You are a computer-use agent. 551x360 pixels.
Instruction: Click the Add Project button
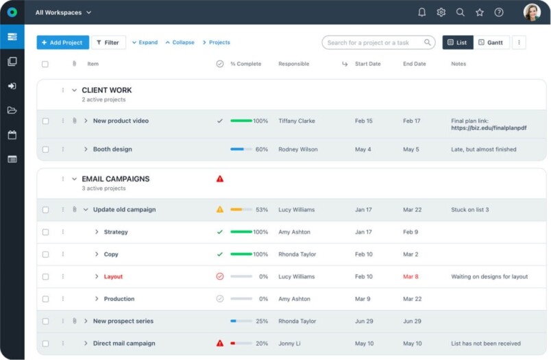62,43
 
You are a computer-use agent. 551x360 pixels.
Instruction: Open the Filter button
108,43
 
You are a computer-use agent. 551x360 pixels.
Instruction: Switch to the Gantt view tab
491,43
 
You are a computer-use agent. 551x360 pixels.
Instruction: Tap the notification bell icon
421,12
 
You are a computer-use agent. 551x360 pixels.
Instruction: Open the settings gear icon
441,12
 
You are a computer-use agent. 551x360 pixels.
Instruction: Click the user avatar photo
532,12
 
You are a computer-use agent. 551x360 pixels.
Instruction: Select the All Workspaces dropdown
63,12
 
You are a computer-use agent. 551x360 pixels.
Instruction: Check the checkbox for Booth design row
45,149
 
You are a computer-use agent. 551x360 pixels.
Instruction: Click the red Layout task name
113,277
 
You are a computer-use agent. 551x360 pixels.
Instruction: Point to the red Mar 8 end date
411,277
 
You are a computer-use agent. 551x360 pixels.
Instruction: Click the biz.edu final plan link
489,128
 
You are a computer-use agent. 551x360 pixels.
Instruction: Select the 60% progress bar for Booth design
241,149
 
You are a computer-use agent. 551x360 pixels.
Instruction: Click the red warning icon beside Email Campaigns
220,179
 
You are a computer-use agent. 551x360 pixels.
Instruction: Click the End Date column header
414,64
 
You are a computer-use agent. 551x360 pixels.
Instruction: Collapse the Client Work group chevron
74,91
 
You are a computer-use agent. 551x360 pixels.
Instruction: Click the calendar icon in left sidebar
12,135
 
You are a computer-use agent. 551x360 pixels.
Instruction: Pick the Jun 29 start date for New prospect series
364,321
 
